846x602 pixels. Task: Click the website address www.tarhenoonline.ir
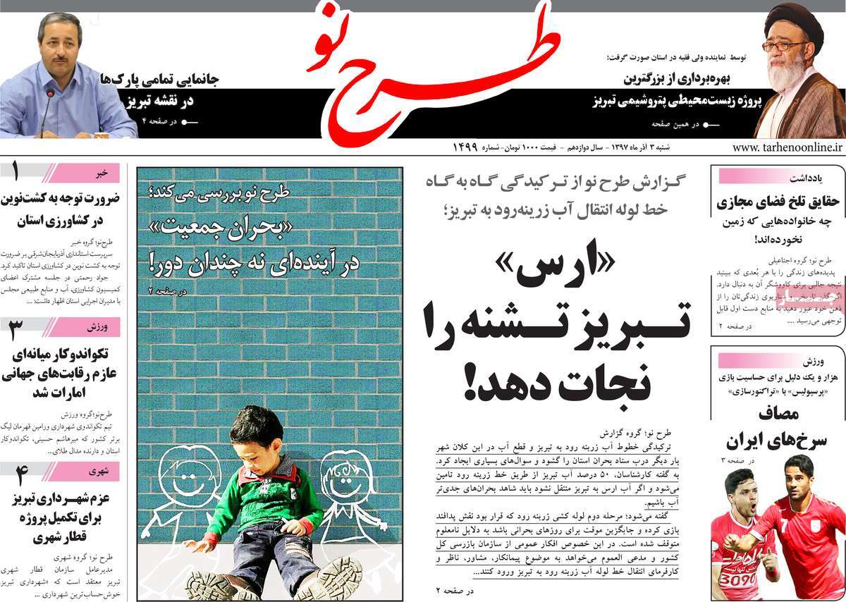pos(787,147)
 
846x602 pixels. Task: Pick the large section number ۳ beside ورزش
pos(16,328)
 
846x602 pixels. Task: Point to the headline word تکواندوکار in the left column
pos(76,355)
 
